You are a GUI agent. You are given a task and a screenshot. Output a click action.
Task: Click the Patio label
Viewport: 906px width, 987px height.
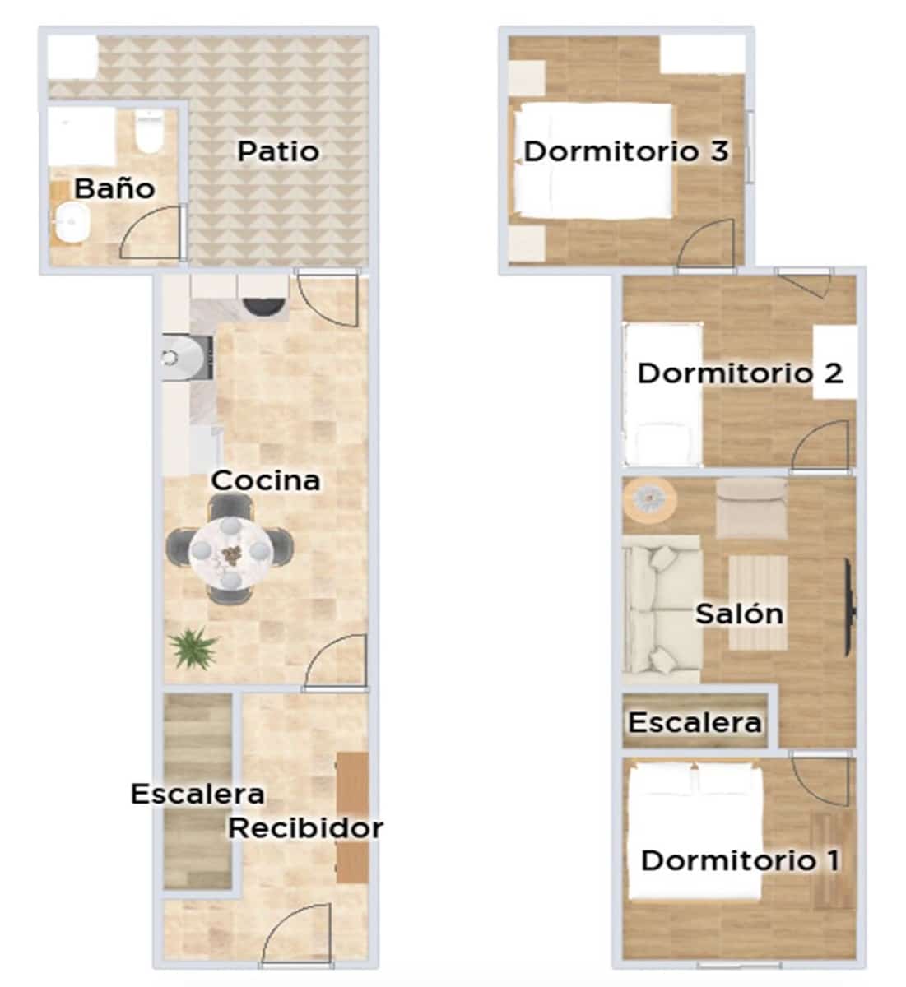[x=278, y=151]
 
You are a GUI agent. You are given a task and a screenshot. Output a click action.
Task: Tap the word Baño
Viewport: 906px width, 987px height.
[x=114, y=188]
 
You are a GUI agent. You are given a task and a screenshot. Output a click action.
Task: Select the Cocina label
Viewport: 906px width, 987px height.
[x=265, y=480]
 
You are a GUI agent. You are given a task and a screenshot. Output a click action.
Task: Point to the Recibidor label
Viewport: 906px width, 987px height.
[x=305, y=827]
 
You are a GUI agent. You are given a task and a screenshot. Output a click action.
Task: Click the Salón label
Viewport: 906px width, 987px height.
[x=739, y=614]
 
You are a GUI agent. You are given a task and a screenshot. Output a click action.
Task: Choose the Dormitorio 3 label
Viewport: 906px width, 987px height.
[x=626, y=151]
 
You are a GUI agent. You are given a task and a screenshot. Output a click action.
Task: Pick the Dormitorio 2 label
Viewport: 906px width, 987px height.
[x=740, y=373]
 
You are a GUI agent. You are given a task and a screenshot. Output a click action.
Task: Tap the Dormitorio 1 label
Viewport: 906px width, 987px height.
[x=740, y=860]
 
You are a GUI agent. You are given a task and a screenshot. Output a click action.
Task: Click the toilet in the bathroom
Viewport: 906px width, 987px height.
[x=149, y=134]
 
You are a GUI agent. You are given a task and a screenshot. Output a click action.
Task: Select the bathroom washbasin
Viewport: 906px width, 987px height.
[x=72, y=223]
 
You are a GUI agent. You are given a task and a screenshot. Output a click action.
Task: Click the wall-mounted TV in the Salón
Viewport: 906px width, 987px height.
[x=848, y=609]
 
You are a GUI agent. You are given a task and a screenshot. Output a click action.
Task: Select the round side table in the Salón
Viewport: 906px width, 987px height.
[x=648, y=499]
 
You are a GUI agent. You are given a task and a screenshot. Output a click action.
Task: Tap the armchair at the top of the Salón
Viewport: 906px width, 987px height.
[x=750, y=507]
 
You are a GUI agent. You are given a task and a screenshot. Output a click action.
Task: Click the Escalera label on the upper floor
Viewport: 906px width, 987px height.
[x=694, y=722]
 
